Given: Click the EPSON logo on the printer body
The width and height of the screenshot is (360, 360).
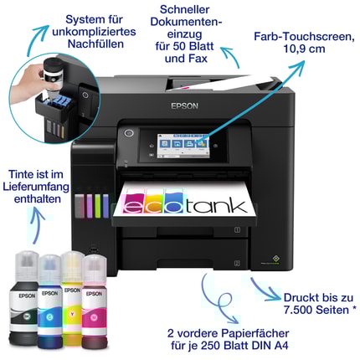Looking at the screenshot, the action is [x=184, y=106].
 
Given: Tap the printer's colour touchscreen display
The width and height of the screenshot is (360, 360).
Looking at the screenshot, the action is [x=183, y=146].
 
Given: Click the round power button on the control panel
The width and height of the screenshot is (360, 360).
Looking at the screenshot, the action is [x=129, y=133].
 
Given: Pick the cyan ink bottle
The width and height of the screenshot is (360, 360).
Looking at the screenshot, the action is [x=49, y=301].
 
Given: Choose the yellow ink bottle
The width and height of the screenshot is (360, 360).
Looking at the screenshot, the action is [x=72, y=298].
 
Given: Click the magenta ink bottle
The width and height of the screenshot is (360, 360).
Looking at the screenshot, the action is [x=94, y=301].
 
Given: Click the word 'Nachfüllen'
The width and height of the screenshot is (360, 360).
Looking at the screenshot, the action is [x=95, y=44].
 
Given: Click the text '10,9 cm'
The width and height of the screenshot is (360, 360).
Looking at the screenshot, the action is [x=304, y=49].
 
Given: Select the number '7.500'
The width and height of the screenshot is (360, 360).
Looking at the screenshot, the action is [x=298, y=310].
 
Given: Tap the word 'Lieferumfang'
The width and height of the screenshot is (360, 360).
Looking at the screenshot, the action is [x=36, y=187].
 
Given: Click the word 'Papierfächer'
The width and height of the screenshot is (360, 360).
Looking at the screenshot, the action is [x=255, y=333].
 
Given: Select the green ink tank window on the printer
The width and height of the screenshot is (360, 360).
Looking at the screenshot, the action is [x=98, y=206].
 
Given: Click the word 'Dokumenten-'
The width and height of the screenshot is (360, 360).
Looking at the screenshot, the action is [x=186, y=22].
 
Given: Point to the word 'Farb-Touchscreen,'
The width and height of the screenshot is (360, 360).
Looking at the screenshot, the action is [x=304, y=37].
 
